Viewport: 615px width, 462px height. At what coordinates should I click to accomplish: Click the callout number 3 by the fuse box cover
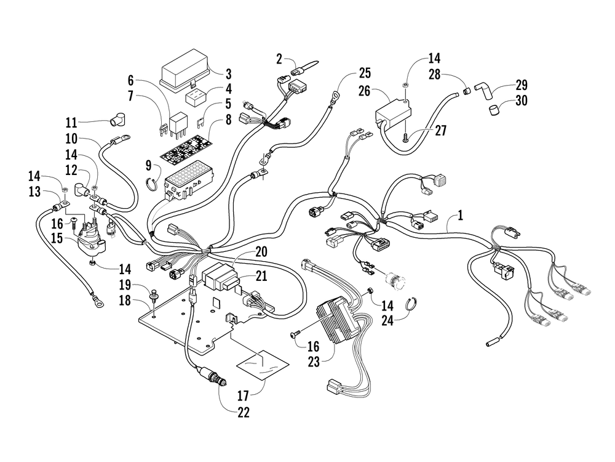click(x=229, y=75)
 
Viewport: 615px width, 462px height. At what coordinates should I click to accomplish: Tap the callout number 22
click(x=243, y=413)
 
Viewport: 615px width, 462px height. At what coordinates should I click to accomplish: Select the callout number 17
click(x=243, y=395)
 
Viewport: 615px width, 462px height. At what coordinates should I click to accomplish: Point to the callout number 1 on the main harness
click(x=461, y=215)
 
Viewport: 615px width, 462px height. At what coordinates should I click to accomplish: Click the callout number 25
click(x=365, y=73)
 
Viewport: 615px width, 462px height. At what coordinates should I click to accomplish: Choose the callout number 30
click(x=522, y=100)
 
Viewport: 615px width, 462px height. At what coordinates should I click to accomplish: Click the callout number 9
click(x=148, y=165)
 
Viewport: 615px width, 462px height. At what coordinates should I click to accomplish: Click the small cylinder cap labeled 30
click(x=494, y=110)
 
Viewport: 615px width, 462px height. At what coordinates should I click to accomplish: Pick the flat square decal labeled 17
click(x=263, y=365)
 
